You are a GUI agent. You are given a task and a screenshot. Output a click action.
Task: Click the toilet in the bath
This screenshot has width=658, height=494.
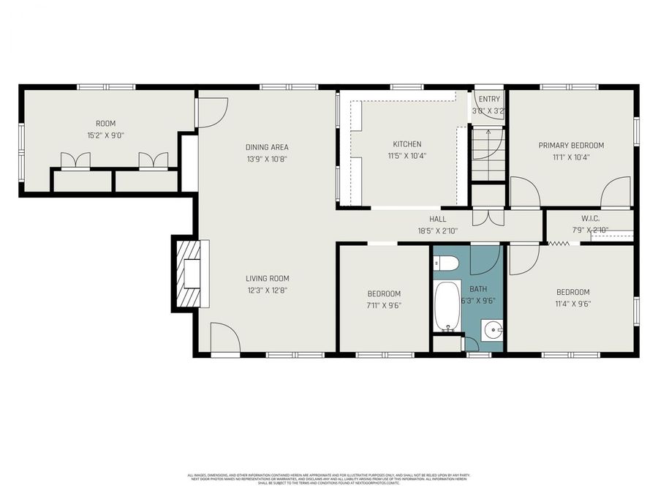click(446, 263)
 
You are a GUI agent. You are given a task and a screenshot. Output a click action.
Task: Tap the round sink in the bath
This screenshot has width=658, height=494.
click(494, 331)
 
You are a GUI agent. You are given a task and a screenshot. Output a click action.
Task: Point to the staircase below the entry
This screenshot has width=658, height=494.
click(488, 154)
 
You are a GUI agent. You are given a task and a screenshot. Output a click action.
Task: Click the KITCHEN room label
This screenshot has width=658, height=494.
click(407, 144)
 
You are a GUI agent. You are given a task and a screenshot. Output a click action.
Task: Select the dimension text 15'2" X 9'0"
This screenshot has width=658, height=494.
click(106, 135)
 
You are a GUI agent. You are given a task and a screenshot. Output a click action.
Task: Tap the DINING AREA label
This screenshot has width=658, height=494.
click(267, 147)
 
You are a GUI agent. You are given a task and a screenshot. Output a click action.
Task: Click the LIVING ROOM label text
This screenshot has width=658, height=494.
click(267, 278)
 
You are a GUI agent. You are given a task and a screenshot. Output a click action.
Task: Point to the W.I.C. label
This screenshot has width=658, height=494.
click(590, 219)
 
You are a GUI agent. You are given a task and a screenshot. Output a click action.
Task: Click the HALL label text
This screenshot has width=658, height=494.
click(437, 219)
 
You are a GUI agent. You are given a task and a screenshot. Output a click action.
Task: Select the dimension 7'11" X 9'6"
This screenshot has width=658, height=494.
click(384, 305)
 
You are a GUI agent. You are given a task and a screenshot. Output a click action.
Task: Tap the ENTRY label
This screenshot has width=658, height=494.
click(489, 99)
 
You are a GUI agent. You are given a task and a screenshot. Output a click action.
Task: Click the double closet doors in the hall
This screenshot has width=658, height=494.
click(488, 218)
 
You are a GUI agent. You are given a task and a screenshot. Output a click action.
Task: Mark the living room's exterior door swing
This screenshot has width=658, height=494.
click(224, 338)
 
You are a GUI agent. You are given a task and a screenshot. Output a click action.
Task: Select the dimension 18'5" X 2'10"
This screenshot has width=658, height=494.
click(437, 231)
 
